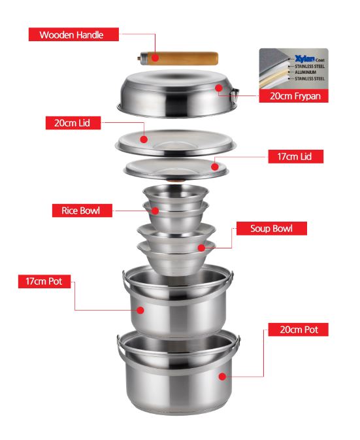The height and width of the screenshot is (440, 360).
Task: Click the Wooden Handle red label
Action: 74,35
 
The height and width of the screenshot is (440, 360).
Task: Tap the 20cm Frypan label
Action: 293,96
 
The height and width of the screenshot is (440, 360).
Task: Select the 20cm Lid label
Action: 73,123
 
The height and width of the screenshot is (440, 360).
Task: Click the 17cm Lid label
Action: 295,156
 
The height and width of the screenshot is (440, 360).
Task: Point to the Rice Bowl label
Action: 82,211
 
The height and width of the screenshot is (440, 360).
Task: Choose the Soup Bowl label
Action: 271,228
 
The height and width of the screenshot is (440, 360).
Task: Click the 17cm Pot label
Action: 44,281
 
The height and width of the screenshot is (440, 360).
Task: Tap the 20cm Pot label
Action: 298,330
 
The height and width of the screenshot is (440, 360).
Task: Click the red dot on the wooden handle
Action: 155,58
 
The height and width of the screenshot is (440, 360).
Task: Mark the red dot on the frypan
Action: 219,88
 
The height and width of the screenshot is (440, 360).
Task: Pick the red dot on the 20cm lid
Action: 144,139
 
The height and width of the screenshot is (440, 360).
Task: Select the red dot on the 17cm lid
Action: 215,167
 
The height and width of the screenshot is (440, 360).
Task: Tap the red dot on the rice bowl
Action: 155,211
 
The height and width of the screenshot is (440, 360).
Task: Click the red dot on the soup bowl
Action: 201,248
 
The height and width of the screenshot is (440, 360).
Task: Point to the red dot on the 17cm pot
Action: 140,310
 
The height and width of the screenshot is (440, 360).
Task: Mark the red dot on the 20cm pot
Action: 222,377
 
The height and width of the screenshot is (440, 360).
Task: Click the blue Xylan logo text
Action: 304,59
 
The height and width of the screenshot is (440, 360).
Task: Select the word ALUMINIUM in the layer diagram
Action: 305,73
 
